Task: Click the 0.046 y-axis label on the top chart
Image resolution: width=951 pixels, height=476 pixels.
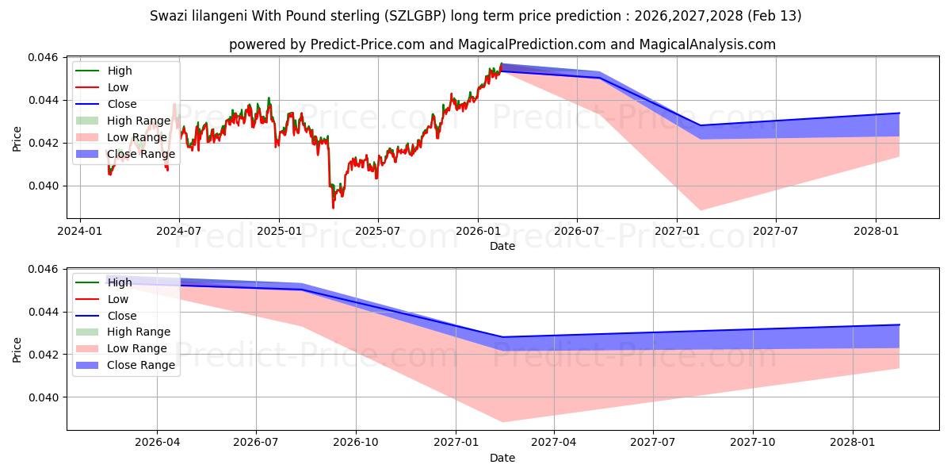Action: tap(44, 58)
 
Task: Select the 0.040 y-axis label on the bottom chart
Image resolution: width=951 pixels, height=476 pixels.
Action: tap(44, 397)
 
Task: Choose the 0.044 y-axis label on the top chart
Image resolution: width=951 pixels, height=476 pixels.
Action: tap(44, 101)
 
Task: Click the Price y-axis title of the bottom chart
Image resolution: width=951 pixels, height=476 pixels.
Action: tap(17, 349)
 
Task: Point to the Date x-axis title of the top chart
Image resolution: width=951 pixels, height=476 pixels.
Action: tap(502, 246)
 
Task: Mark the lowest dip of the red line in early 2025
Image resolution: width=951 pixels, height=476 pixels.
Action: tap(333, 208)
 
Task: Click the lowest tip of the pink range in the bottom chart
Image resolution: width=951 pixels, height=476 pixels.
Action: tap(502, 422)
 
